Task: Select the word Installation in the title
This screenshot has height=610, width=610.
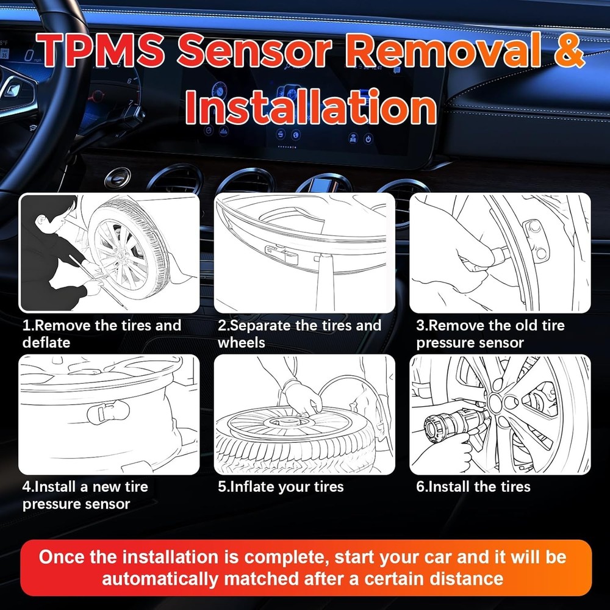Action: point(311,107)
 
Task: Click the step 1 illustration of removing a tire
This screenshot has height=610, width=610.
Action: point(110,253)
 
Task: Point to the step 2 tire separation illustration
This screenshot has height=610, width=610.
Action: point(304,253)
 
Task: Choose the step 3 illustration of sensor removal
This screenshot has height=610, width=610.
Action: point(500,253)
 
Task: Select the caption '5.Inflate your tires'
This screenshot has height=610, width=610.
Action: point(281,487)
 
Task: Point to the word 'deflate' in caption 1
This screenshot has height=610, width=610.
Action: point(46,343)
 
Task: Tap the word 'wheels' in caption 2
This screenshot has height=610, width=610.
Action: point(242,343)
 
